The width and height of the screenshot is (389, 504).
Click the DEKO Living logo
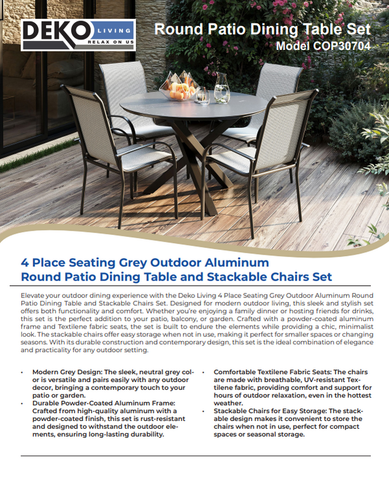[78, 35]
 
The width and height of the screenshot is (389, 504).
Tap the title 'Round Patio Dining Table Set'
[263, 29]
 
